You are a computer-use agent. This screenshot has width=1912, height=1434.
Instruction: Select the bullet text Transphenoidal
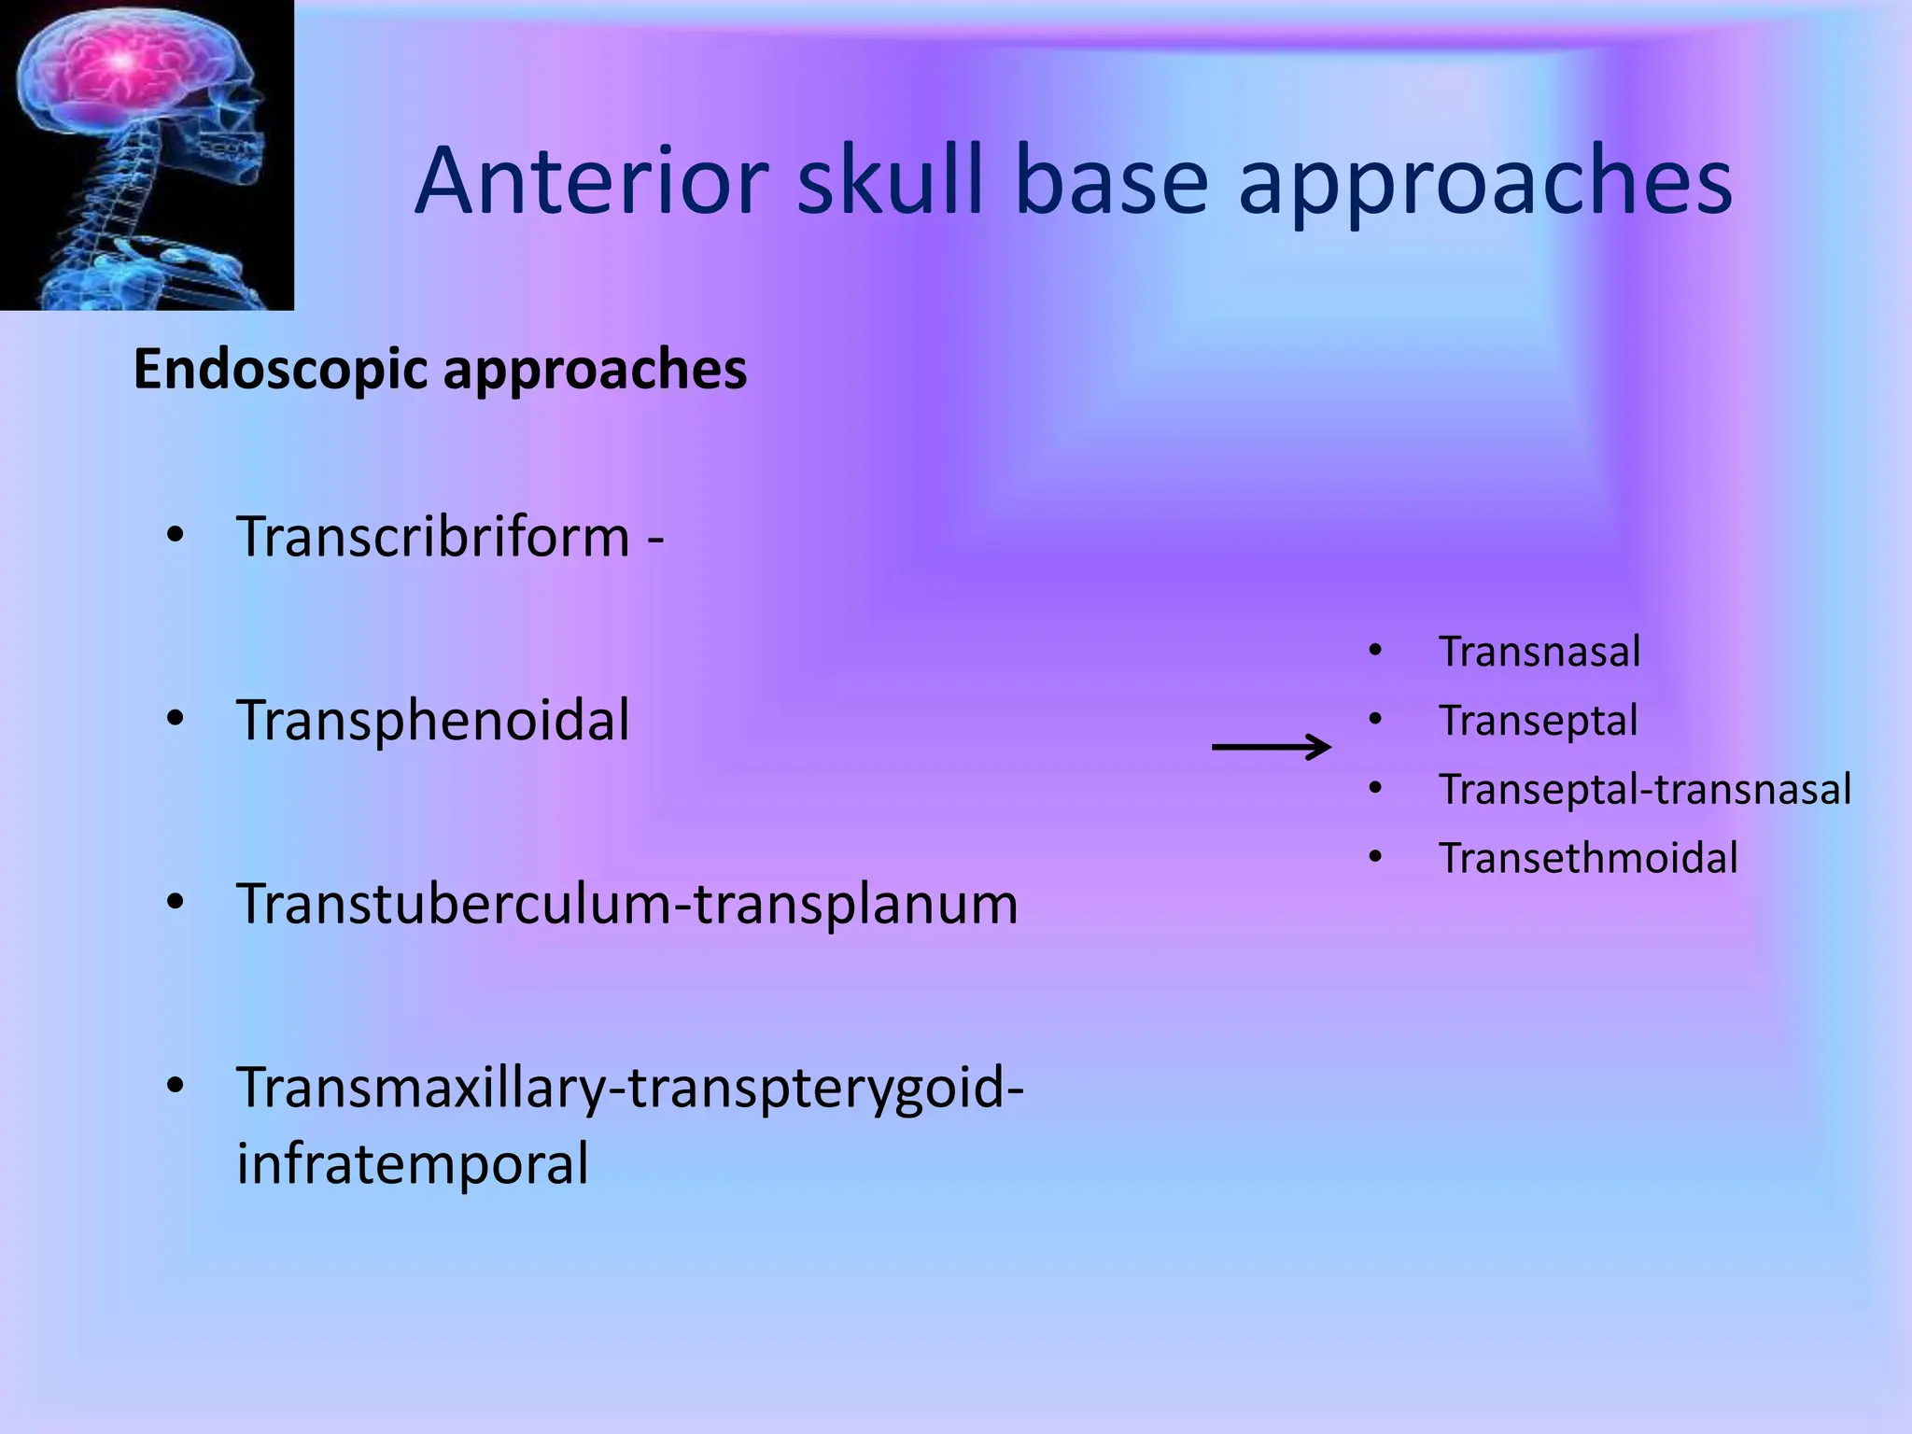pos(433,721)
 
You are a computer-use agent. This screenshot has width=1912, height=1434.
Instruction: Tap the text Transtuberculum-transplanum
pos(627,904)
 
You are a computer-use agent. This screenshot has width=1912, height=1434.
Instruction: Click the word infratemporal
pos(413,1163)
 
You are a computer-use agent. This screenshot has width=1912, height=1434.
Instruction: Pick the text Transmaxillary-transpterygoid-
pos(630,1088)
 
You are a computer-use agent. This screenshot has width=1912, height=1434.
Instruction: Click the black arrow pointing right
pos(1272,747)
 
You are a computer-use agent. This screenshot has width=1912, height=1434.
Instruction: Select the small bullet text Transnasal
pos(1539,652)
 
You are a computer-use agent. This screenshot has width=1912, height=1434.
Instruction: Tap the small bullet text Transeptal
pos(1538,721)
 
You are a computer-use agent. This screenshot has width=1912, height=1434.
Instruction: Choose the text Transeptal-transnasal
pos(1644,790)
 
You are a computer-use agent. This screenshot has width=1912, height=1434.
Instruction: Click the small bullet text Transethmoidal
pos(1587,859)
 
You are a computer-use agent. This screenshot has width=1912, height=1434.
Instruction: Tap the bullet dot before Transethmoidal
pos(1374,857)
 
